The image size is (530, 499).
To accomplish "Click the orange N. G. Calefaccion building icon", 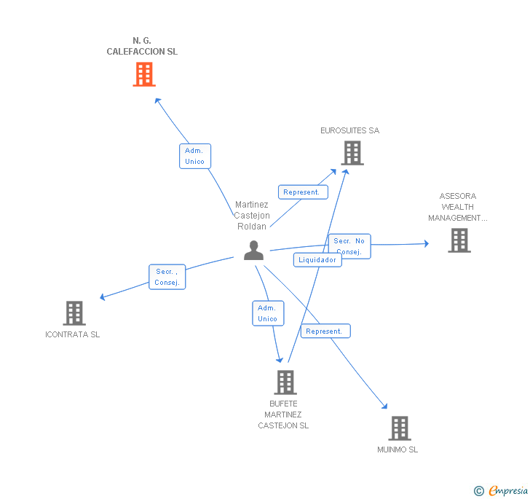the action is point(144,74).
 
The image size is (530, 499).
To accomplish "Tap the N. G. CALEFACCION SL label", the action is point(142,46).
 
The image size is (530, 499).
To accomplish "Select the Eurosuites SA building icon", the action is point(352,153).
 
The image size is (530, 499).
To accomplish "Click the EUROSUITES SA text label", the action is point(349,131).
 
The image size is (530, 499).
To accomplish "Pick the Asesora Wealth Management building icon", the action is point(459,240).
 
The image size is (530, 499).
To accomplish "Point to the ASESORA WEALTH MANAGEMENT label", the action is point(458,207).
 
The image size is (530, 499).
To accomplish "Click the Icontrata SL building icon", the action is point(74,313).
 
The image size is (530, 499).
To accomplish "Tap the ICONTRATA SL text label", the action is point(72,335).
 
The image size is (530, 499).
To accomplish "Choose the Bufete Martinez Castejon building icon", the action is point(285,382).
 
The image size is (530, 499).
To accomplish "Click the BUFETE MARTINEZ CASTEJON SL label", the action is point(283,414).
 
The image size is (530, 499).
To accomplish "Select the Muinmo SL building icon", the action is point(399,428).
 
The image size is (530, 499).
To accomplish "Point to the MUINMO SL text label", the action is point(397,449).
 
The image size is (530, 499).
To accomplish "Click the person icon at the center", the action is point(253,251).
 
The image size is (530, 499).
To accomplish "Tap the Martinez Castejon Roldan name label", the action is point(252,216).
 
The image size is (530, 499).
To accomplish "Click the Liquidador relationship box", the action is point(317,260).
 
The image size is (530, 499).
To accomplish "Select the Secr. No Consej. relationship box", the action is point(349,246).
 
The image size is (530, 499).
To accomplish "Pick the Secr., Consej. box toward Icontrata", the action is point(167,277).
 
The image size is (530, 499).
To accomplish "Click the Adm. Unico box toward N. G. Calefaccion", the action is point(194,156).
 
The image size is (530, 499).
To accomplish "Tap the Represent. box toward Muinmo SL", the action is point(325,331).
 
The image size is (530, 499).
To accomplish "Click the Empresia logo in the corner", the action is point(501,491).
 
